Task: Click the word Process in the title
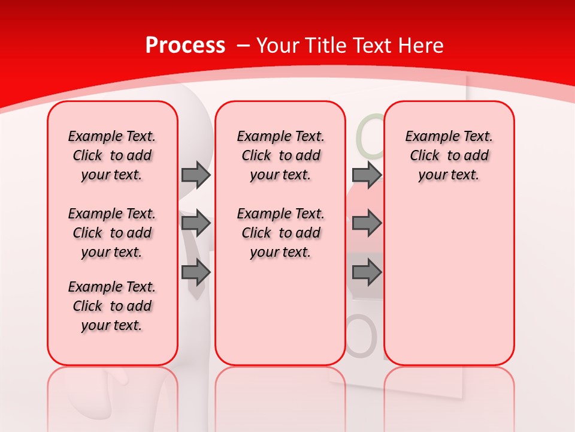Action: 185,46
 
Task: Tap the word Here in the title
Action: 422,46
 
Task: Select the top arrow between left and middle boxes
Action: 196,175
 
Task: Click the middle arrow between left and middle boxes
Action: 196,223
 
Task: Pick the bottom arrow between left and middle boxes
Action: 196,272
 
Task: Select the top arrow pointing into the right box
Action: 367,175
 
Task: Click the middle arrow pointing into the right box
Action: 367,223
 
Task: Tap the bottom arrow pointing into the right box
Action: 367,272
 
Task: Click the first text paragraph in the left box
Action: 112,155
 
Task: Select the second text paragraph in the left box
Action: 112,233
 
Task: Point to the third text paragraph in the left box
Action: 112,306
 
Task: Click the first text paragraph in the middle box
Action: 280,155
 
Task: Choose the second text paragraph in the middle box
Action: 280,233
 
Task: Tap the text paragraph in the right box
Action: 449,155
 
